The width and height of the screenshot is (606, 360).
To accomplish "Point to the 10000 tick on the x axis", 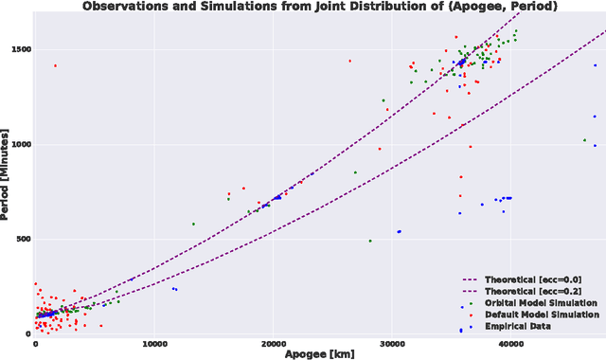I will [x=154, y=343].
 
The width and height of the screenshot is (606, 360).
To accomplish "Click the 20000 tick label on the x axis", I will [x=274, y=343].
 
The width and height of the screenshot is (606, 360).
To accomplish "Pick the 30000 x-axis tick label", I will [x=392, y=343].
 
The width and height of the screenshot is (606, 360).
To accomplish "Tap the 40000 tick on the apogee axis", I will [x=511, y=343].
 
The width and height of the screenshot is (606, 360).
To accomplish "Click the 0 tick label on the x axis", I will [x=35, y=343].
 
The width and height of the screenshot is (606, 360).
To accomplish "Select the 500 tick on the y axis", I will [x=19, y=239].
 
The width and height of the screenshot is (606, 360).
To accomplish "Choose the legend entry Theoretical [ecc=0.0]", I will [x=532, y=280].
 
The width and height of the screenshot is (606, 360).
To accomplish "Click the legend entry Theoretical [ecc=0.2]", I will [x=532, y=292].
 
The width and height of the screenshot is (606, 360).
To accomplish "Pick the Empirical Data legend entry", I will [x=519, y=326].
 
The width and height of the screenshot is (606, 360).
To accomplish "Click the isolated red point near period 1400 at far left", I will [x=55, y=65].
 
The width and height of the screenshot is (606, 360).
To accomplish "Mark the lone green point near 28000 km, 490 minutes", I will [x=370, y=241].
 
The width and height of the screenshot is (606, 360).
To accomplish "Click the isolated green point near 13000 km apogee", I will [x=193, y=225].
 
